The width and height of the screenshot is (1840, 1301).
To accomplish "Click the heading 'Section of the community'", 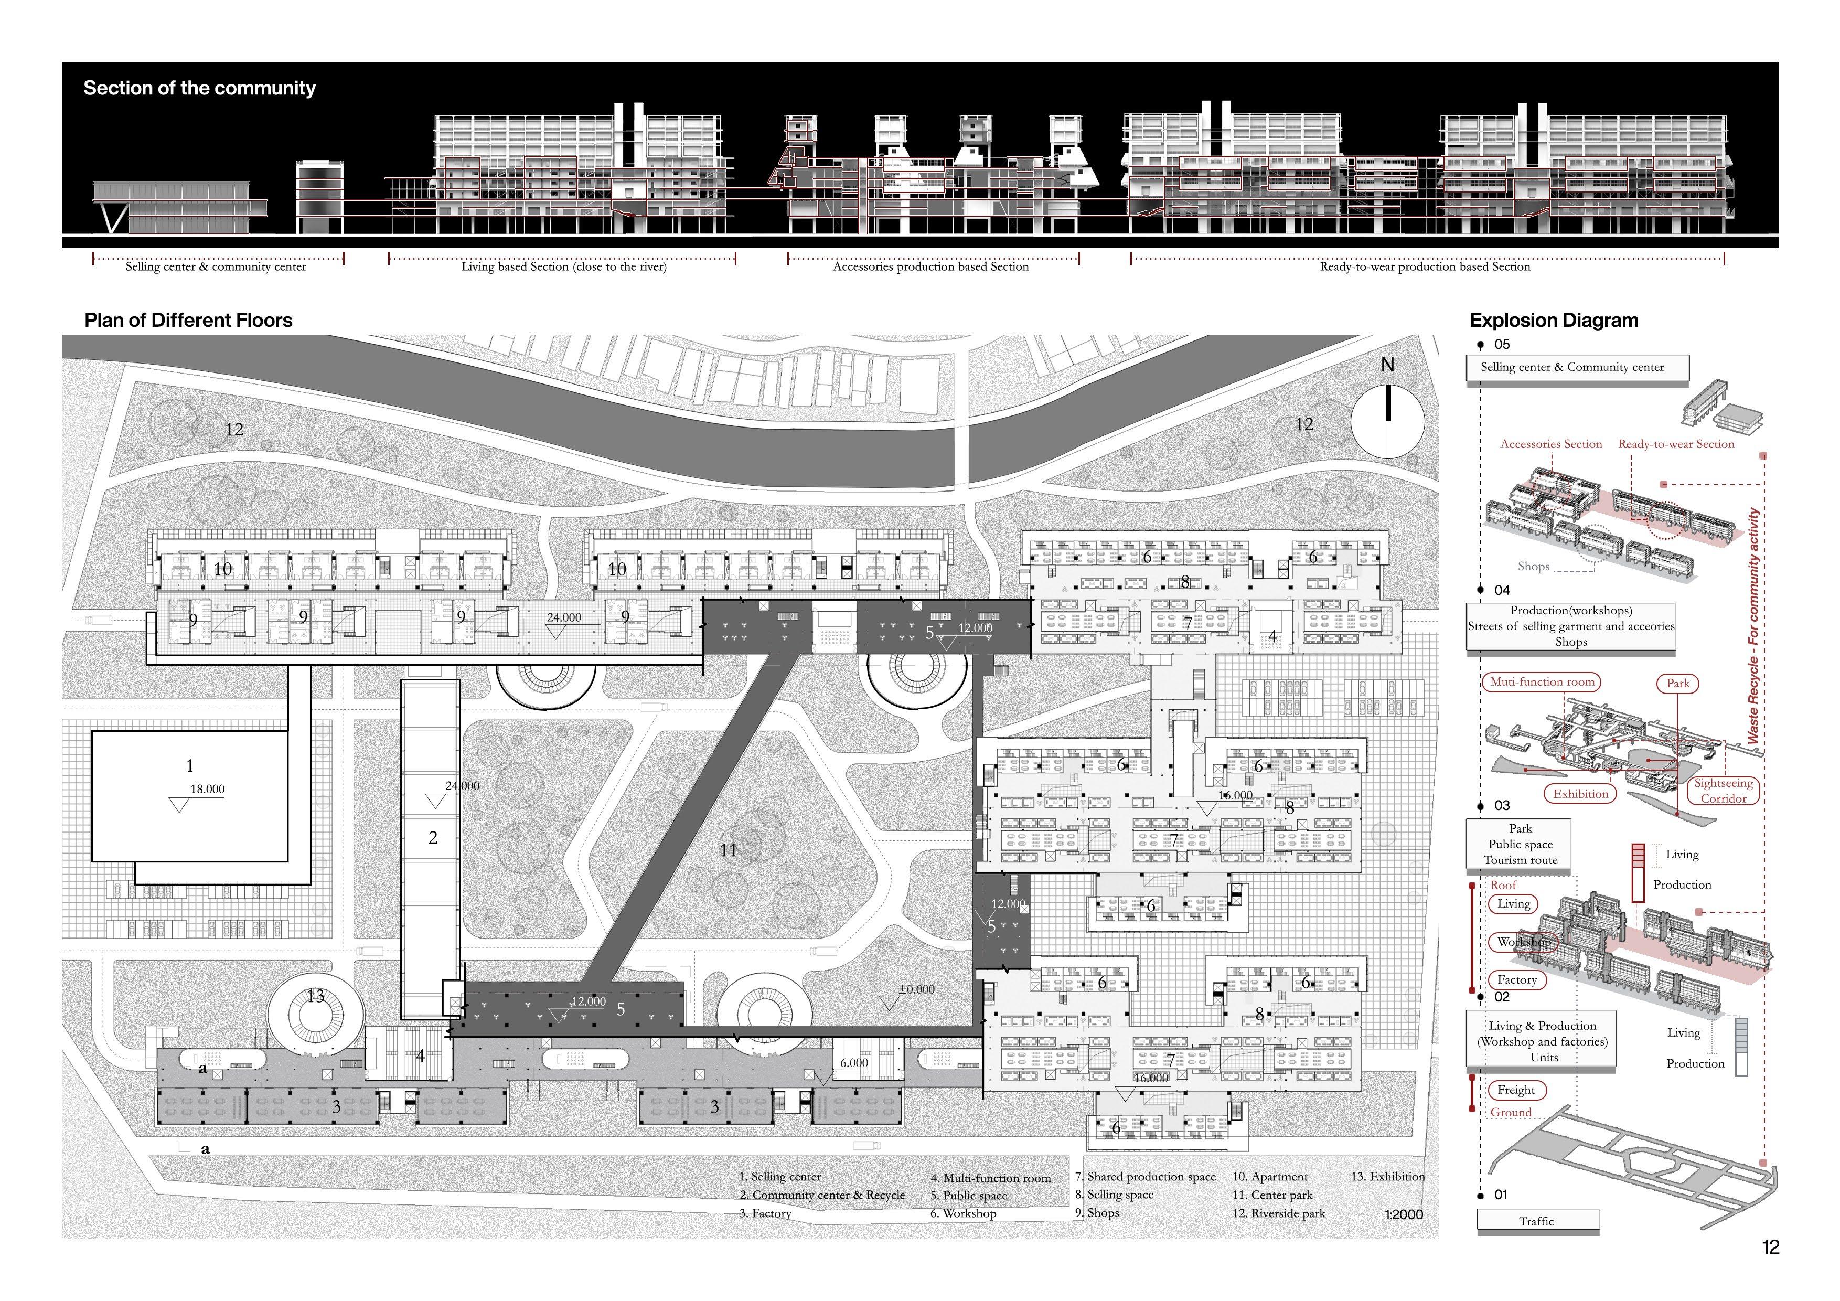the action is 199,88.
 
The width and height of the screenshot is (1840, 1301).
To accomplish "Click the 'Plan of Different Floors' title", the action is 188,321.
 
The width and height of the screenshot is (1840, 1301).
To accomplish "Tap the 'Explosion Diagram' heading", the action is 1553,321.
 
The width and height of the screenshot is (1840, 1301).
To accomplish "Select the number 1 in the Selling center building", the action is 190,765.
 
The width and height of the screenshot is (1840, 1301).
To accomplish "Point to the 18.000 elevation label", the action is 207,790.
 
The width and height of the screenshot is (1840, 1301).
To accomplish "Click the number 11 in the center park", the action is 728,850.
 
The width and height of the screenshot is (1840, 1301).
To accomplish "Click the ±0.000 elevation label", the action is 916,989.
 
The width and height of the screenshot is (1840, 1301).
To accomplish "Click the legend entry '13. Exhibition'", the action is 1387,1177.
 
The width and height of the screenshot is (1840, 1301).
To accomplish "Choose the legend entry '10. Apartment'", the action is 1269,1177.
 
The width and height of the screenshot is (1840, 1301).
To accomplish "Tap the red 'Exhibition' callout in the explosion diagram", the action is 1580,794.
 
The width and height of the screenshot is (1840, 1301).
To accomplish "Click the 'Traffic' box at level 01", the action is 1536,1221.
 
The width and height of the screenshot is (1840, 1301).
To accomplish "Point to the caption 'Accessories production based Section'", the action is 930,267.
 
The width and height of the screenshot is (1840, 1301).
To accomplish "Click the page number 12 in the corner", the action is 1770,1247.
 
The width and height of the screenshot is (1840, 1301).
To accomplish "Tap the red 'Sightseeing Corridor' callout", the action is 1723,791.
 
